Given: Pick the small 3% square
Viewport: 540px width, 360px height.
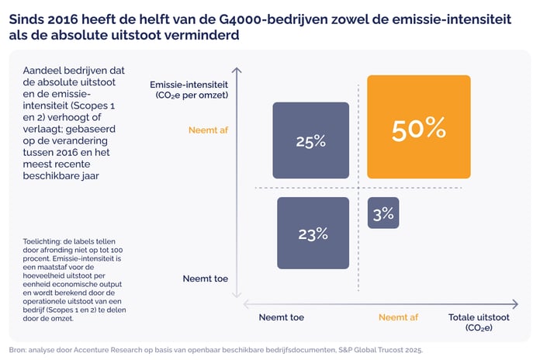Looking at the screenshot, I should pos(383,213).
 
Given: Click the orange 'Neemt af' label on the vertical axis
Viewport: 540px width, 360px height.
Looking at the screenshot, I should pos(208,130).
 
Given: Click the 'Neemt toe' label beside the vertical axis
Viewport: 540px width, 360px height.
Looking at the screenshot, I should pos(205,278).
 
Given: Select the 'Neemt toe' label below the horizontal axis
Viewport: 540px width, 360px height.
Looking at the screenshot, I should pos(281,317).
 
